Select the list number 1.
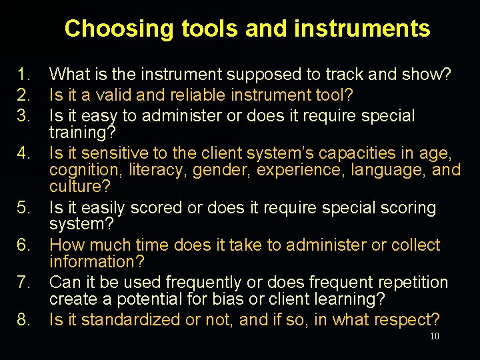25,74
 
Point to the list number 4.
25,153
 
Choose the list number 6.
25,245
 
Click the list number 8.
25,319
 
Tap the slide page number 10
434,337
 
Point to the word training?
83,132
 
